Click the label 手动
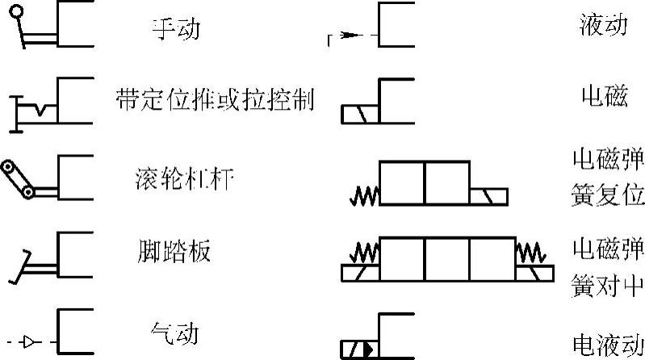click(x=175, y=31)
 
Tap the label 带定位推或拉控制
click(x=215, y=100)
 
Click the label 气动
click(x=174, y=332)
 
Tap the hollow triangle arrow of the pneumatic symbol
click(x=30, y=343)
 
